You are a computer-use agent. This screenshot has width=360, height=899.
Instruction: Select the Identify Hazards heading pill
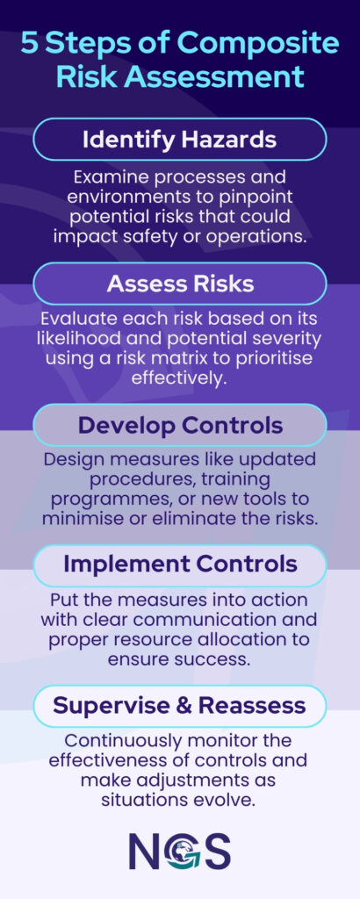[180, 140]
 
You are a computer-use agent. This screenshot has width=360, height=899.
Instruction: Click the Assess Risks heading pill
[180, 284]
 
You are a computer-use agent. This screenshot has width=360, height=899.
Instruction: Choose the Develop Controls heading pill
[180, 425]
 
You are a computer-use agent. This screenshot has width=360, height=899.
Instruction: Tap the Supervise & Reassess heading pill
[180, 705]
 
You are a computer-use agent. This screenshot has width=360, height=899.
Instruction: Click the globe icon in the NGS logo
[181, 850]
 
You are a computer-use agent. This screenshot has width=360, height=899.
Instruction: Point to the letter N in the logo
[147, 850]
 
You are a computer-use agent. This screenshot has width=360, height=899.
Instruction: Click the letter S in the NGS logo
[216, 850]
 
